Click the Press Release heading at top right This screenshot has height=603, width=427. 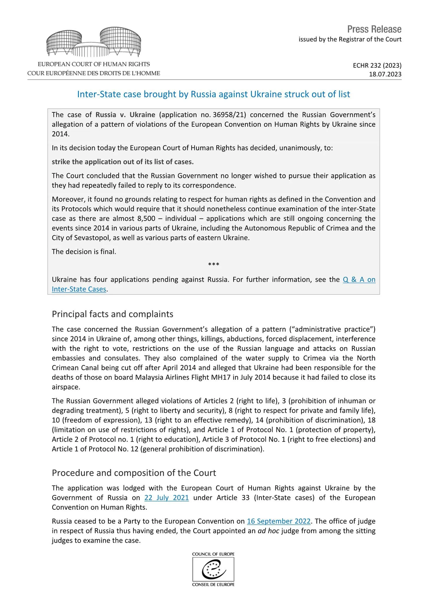pyautogui.click(x=374, y=29)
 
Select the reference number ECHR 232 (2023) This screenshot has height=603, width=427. pyautogui.click(x=377, y=65)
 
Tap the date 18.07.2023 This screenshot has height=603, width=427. pyautogui.click(x=385, y=74)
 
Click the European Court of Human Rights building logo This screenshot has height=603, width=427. pyautogui.click(x=94, y=42)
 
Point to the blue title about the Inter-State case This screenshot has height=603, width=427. pyautogui.click(x=213, y=94)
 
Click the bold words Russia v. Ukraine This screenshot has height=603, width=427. pyautogui.click(x=125, y=115)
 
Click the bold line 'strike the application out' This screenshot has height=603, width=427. pyautogui.click(x=123, y=162)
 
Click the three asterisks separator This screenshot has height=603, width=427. pyautogui.click(x=213, y=264)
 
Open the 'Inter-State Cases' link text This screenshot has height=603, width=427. pyautogui.click(x=79, y=289)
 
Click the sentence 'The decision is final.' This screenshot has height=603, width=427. pyautogui.click(x=84, y=252)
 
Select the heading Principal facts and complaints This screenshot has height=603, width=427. pyautogui.click(x=112, y=314)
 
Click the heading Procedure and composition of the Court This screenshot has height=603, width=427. pyautogui.click(x=134, y=473)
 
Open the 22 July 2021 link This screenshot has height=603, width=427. pyautogui.click(x=166, y=498)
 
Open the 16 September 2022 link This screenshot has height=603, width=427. pyautogui.click(x=279, y=521)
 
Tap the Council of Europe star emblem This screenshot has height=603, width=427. pyautogui.click(x=213, y=569)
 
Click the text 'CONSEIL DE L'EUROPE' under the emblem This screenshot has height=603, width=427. pyautogui.click(x=213, y=584)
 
